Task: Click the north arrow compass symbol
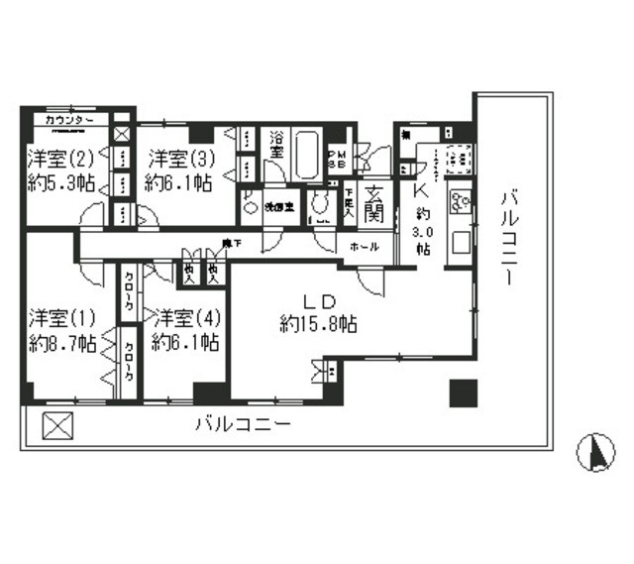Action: pos(596,453)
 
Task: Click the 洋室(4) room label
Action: pos(185,318)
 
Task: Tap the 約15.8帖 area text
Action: pos(319,324)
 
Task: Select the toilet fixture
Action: pos(319,205)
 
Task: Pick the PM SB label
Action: pos(337,161)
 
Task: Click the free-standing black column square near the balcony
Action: pos(462,393)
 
